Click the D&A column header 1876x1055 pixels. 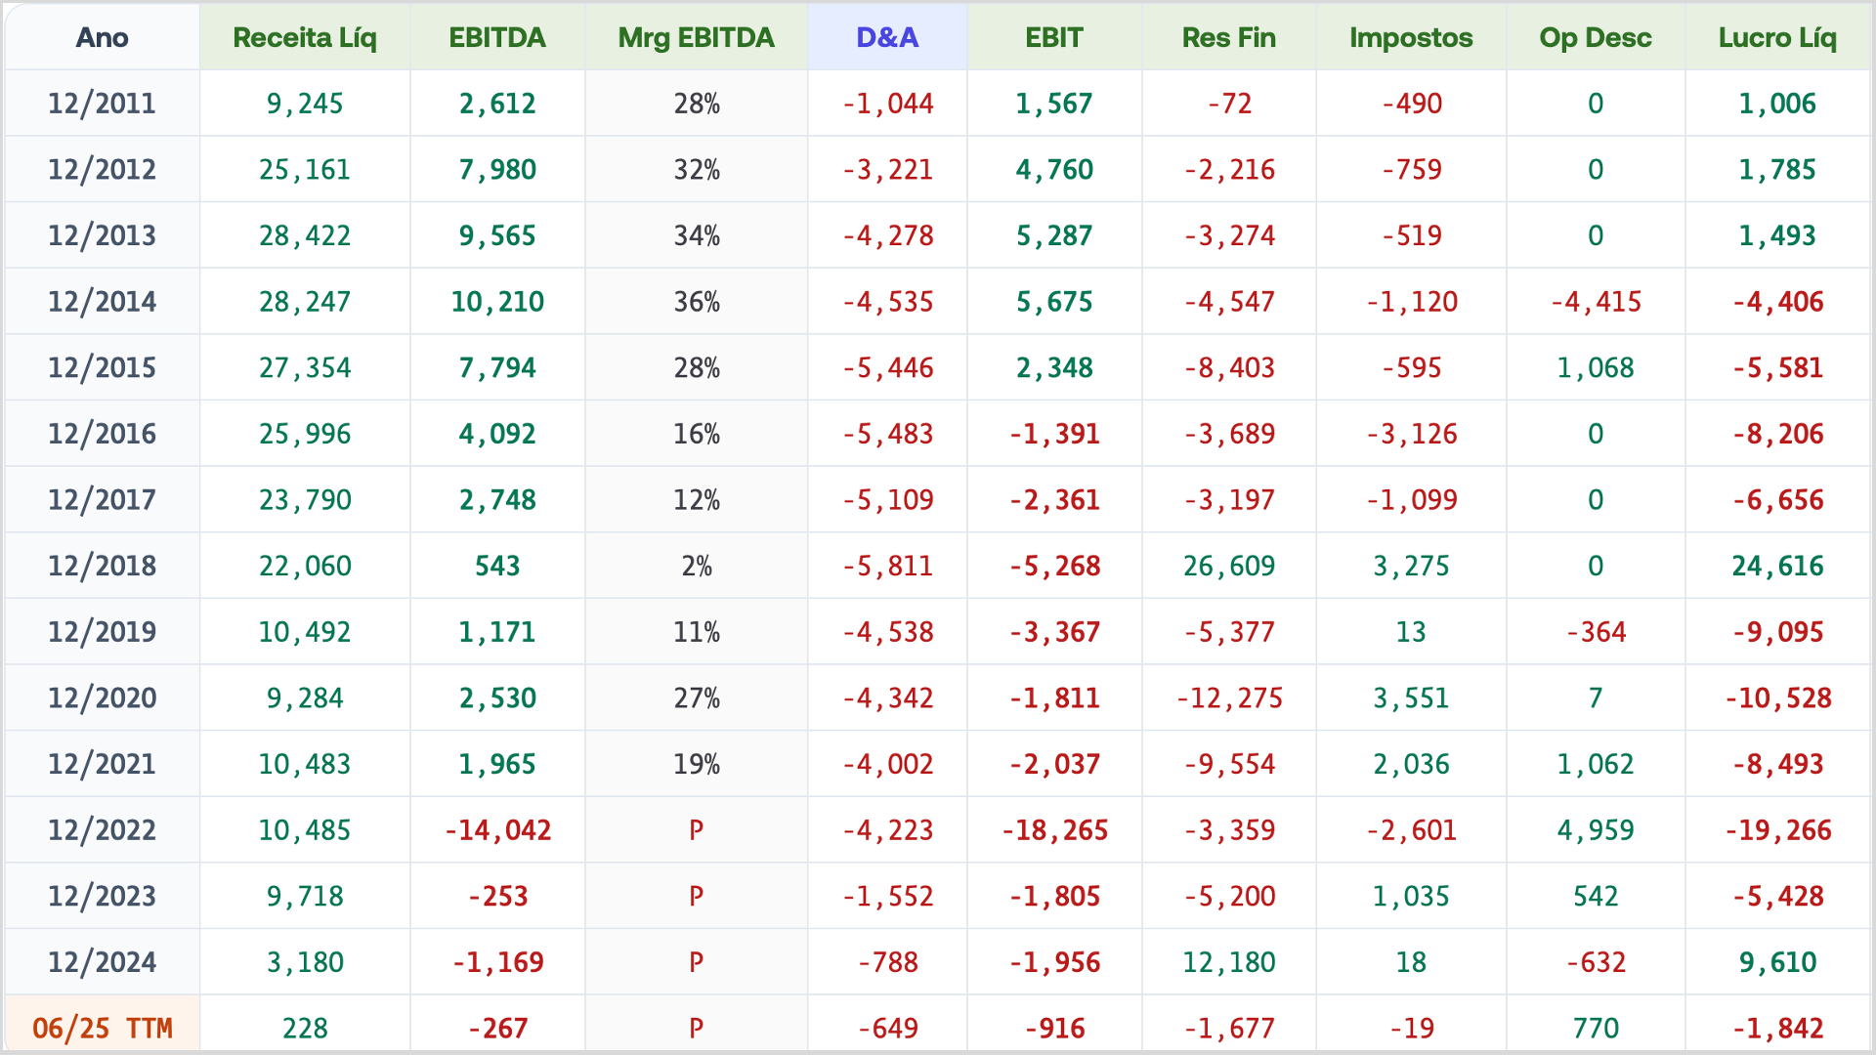click(887, 38)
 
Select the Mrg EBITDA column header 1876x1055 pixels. click(696, 38)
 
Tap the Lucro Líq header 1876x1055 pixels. click(1777, 38)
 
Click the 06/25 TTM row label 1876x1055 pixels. click(103, 1028)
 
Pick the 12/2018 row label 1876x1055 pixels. click(103, 566)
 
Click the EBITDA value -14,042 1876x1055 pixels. click(497, 830)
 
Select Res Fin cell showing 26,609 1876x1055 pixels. click(1229, 566)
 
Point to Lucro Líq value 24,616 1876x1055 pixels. click(1777, 566)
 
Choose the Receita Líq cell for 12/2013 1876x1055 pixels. click(305, 235)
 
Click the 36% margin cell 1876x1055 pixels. click(697, 302)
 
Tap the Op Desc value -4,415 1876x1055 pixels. click(1596, 302)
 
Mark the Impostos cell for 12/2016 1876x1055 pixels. click(1411, 434)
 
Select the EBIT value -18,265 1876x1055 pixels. click(1054, 830)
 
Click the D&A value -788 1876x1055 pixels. click(887, 962)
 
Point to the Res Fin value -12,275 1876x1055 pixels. click(1229, 697)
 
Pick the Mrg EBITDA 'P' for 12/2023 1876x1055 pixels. click(696, 896)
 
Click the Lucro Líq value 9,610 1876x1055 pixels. click(1777, 962)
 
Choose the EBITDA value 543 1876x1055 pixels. click(497, 566)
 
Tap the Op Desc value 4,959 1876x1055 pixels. click(1596, 830)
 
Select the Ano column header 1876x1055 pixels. click(103, 38)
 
